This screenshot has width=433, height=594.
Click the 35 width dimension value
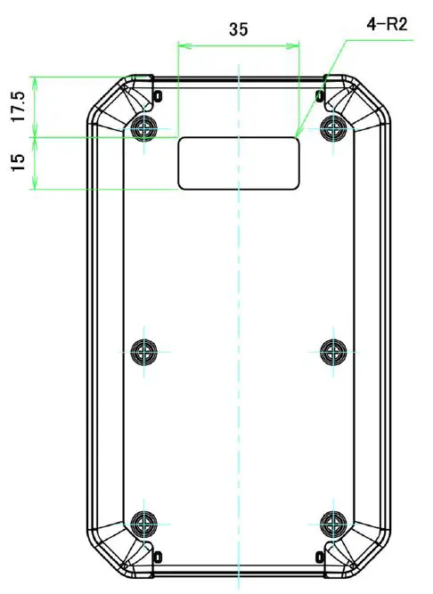[238, 28]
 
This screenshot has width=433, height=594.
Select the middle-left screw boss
[143, 351]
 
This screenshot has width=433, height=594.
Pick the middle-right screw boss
[333, 351]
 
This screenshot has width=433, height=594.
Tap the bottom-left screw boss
[143, 523]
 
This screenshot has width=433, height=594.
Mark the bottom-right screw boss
[333, 523]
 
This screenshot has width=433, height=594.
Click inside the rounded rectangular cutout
[239, 163]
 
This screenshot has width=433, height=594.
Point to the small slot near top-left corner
[158, 95]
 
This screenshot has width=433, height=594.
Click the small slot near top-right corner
[320, 95]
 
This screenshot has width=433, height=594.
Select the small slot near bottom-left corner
[158, 556]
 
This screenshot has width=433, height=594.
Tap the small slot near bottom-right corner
[320, 556]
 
